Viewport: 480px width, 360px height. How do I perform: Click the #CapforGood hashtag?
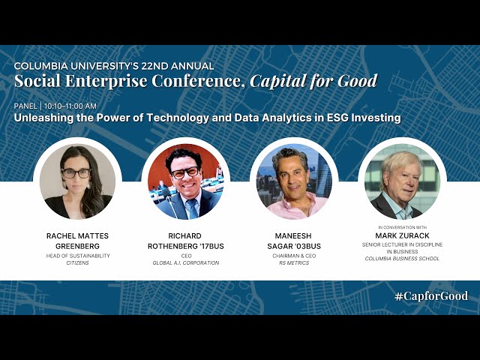(431, 296)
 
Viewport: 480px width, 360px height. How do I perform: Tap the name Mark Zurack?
(402, 235)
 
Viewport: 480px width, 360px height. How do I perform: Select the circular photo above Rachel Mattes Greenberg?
(77, 181)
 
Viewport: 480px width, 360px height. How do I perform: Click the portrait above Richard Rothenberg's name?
(186, 181)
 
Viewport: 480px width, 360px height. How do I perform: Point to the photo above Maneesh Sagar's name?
(294, 181)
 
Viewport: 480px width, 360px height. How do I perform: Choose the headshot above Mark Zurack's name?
(402, 181)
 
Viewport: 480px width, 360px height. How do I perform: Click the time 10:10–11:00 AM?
(70, 106)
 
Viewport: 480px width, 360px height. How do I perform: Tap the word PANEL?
(25, 106)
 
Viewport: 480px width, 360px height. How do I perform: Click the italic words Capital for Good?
(313, 81)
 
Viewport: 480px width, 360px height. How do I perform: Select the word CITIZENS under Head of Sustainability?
(77, 263)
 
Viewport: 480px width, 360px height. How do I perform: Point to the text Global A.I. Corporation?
(186, 263)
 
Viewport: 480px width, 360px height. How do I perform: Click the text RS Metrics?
(294, 263)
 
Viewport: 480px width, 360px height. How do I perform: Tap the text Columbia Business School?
(402, 259)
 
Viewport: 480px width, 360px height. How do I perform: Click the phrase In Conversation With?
(402, 227)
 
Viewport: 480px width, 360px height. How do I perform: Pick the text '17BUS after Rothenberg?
(211, 246)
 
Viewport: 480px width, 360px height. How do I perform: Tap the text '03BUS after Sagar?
(308, 246)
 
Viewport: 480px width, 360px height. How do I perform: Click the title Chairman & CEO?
(294, 256)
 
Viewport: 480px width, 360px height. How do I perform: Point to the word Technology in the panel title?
(178, 118)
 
